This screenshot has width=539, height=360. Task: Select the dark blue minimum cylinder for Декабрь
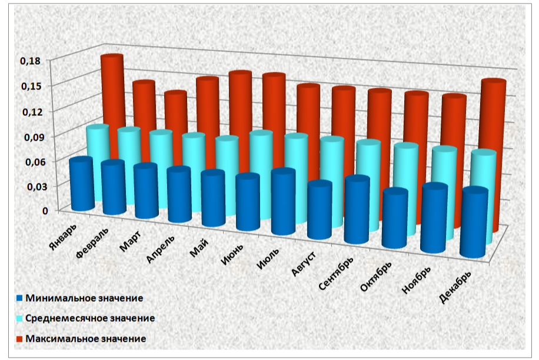pyautogui.click(x=474, y=224)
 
